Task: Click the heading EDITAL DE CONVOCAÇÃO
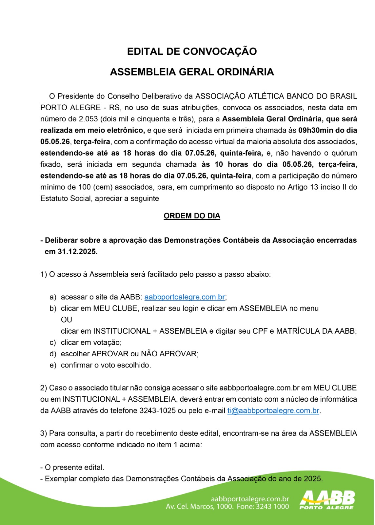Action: point(192,52)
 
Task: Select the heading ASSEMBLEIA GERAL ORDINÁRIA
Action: point(192,72)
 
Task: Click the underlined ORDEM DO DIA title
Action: point(192,216)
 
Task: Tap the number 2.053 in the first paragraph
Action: point(88,119)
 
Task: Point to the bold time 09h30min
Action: point(315,130)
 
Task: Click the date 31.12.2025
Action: point(77,252)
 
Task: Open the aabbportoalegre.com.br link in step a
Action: point(185,297)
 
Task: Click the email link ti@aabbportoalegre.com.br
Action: point(273,410)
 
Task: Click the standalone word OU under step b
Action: point(67,320)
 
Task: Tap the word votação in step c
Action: point(107,342)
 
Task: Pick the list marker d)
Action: point(53,354)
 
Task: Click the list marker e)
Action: point(53,365)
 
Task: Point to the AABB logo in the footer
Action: point(327,498)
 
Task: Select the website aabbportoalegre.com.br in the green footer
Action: point(250,499)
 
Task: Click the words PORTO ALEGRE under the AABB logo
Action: point(326,508)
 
